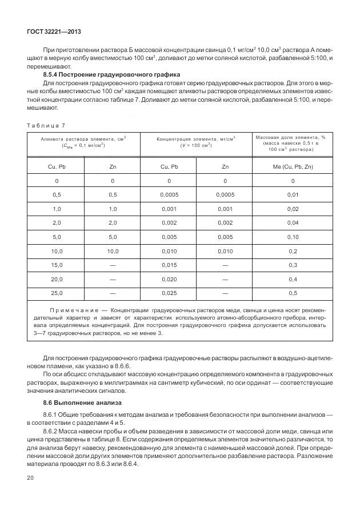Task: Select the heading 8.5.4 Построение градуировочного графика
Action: pos(112,75)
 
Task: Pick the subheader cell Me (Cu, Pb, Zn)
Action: pos(293,166)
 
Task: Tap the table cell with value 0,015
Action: pos(169,265)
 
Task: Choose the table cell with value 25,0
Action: pos(56,293)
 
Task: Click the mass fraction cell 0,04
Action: pos(293,222)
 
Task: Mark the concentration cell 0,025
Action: pos(169,293)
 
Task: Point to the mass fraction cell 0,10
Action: pos(293,237)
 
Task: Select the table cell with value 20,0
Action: pos(56,279)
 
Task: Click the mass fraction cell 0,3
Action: pos(293,265)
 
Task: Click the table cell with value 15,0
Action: pos(56,265)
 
